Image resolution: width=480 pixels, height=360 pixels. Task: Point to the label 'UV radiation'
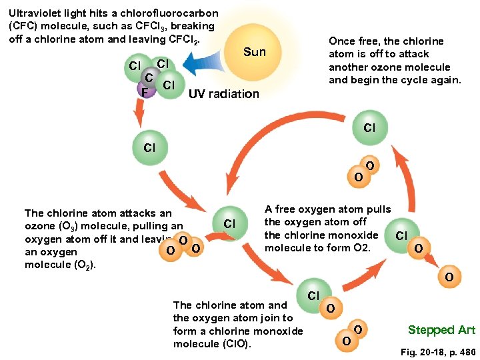(224, 94)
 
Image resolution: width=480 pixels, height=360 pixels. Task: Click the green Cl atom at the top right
(369, 127)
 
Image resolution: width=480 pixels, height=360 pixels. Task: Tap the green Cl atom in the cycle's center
(229, 223)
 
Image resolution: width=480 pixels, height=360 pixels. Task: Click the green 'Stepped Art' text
(441, 330)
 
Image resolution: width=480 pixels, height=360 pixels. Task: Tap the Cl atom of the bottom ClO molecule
(313, 294)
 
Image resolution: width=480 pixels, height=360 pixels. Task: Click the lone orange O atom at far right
(450, 277)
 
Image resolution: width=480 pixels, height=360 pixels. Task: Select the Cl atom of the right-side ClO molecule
(401, 235)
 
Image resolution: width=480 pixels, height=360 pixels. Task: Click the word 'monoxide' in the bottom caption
(280, 331)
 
